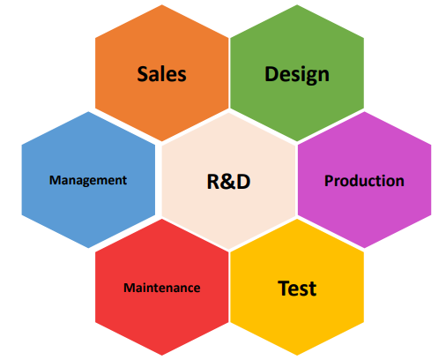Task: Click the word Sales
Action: (x=161, y=73)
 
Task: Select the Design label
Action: (x=297, y=75)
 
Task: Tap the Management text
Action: (x=88, y=181)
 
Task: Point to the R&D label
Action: (x=228, y=182)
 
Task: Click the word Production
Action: (x=364, y=181)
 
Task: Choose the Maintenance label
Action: (x=162, y=288)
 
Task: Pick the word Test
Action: (x=297, y=289)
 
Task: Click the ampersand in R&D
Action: (x=228, y=182)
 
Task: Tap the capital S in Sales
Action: (x=142, y=73)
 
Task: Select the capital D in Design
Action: (x=271, y=73)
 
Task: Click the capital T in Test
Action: (x=284, y=288)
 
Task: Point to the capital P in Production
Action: (x=329, y=181)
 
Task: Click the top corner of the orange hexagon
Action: (x=161, y=4)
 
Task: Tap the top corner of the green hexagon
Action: (x=297, y=4)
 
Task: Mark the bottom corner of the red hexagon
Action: (x=161, y=356)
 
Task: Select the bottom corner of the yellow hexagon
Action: (x=297, y=356)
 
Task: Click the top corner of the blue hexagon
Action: (x=88, y=111)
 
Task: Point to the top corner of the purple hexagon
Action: (x=365, y=111)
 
